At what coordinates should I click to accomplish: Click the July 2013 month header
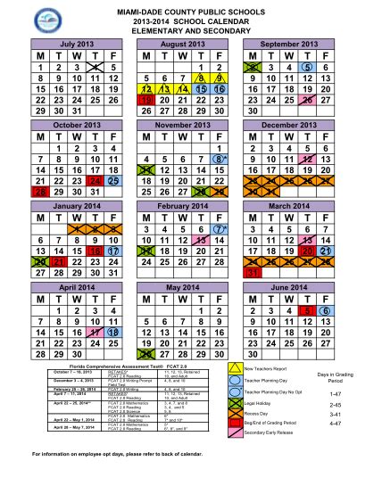(76, 43)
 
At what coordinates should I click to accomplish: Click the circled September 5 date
(307, 68)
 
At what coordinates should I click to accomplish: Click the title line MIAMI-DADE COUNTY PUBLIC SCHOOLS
(190, 8)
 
